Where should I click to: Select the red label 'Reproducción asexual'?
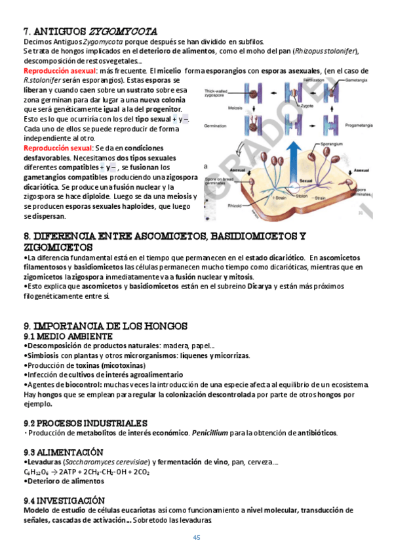pyautogui.click(x=60, y=70)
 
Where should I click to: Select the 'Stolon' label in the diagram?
pyautogui.click(x=301, y=195)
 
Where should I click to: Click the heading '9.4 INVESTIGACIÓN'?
pyautogui.click(x=64, y=500)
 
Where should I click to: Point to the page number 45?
pyautogui.click(x=196, y=538)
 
